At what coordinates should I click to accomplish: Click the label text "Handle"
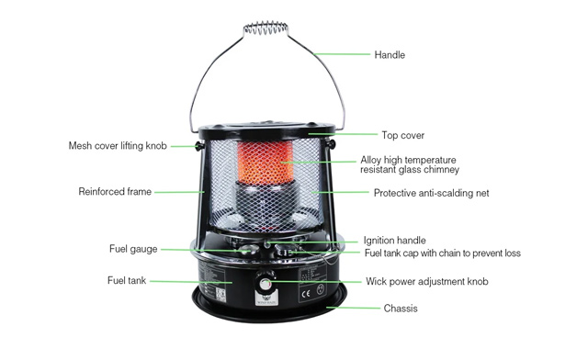pyautogui.click(x=390, y=55)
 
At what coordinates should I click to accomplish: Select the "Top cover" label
pyautogui.click(x=402, y=135)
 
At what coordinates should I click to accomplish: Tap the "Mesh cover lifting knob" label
pyautogui.click(x=118, y=146)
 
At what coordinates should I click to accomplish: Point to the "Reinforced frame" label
pyautogui.click(x=115, y=192)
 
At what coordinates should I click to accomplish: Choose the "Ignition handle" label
pyautogui.click(x=394, y=241)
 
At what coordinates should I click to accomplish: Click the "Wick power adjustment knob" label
pyautogui.click(x=427, y=281)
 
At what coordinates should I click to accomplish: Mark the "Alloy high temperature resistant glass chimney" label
pyautogui.click(x=409, y=164)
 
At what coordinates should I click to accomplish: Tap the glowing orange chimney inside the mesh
pyautogui.click(x=266, y=161)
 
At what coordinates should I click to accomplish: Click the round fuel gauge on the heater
pyautogui.click(x=244, y=249)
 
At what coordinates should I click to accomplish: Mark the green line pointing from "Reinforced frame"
pyautogui.click(x=178, y=192)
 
